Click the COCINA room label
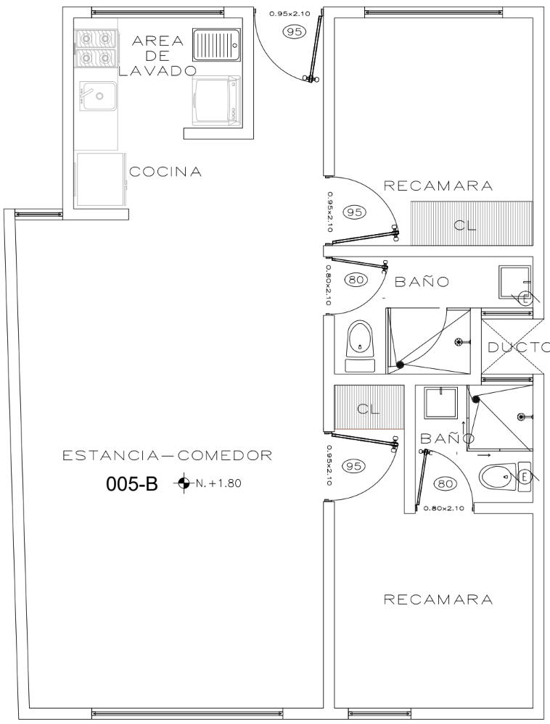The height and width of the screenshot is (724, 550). click(165, 172)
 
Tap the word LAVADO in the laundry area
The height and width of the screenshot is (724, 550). click(157, 71)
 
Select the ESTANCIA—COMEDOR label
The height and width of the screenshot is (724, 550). click(168, 456)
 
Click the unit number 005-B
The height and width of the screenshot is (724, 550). click(132, 484)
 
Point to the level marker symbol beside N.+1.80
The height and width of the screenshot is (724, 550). click(184, 483)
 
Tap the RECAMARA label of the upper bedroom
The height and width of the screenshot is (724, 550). click(438, 186)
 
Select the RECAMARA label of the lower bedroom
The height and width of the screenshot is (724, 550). click(438, 599)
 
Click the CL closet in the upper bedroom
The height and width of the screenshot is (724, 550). click(472, 222)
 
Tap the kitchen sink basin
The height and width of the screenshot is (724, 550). click(98, 96)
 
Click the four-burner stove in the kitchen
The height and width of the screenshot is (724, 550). click(94, 47)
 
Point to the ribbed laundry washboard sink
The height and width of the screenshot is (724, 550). click(216, 45)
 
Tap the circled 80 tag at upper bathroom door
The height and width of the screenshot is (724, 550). click(356, 279)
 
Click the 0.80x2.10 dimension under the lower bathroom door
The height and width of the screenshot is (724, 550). click(444, 508)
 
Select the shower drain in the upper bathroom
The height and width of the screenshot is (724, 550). click(459, 342)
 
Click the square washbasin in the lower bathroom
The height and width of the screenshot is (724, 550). click(441, 403)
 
